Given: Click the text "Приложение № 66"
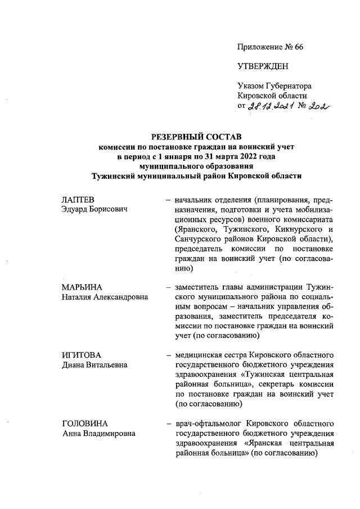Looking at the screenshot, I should coord(271,47).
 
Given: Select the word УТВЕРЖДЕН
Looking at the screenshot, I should coord(263,66).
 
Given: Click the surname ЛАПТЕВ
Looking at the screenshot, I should coord(78,200).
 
